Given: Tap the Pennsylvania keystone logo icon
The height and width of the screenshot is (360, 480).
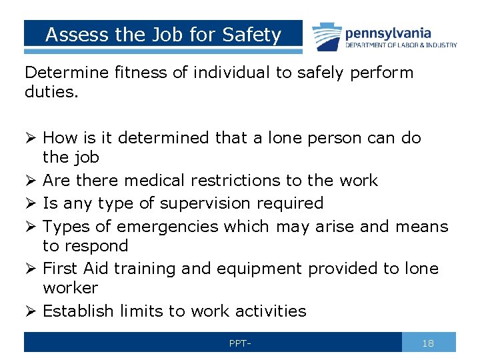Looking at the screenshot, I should coord(325,35).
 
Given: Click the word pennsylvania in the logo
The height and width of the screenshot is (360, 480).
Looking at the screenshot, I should coord(388,33).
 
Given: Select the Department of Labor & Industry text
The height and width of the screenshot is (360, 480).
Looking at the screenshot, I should coord(401,45).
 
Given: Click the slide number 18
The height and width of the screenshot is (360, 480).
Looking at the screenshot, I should coord(428,343).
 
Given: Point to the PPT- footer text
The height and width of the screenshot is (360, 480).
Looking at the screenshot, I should coord(239,343).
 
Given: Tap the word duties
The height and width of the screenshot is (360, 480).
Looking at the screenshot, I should coord(51,92).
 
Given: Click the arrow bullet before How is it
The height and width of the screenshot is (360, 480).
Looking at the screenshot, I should coord(31,138).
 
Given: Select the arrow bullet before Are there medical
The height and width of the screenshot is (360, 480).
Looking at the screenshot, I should coord(31,181).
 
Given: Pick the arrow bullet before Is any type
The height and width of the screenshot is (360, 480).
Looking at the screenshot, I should coord(31,203).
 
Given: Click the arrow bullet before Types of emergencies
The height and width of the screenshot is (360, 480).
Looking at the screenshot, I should coord(31,227).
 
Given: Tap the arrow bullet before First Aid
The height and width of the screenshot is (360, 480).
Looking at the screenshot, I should coord(31,269).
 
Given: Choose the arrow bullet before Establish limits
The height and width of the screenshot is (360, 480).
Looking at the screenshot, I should coord(31,311).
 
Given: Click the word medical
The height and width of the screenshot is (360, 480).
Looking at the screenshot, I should coord(155,181).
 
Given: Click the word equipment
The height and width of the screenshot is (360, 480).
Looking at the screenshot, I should coord(249,269).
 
